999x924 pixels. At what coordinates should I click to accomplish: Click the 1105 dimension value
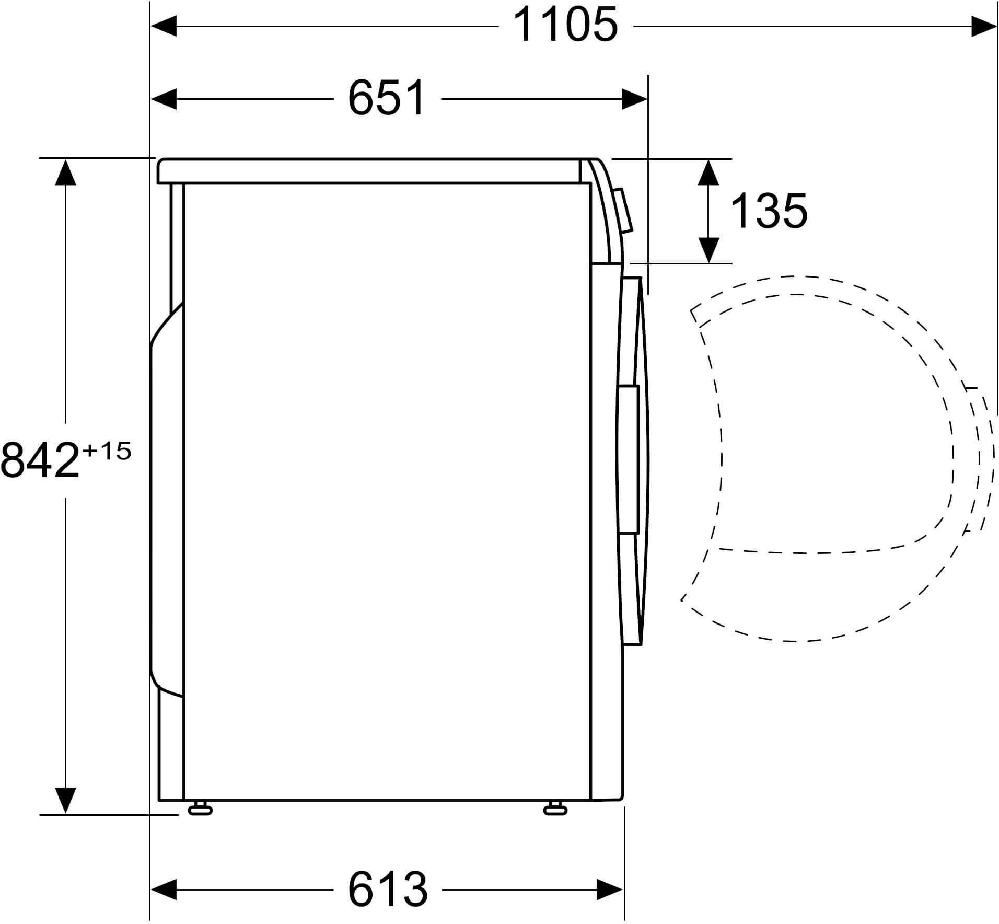565,26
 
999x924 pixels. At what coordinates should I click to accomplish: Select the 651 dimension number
387,99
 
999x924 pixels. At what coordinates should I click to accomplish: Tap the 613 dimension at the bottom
388,889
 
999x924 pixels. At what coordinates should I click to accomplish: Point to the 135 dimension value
769,212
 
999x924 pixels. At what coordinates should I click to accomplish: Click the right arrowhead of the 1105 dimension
983,27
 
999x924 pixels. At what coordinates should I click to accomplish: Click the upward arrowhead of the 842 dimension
65,172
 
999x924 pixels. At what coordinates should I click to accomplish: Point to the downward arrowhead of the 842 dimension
65,800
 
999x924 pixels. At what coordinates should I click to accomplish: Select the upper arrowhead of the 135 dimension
708,172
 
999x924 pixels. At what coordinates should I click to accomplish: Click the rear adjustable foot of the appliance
200,809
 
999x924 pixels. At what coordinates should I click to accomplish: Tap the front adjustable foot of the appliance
555,809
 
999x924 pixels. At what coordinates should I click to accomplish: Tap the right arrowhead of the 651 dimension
634,99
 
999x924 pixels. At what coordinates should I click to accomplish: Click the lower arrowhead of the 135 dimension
708,250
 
